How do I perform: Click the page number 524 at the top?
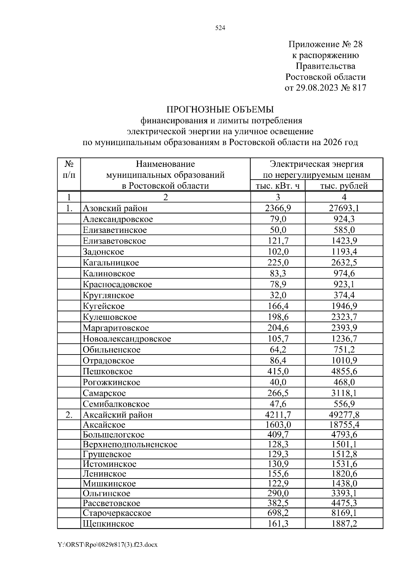[x=220, y=28]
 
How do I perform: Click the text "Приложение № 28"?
[x=325, y=44]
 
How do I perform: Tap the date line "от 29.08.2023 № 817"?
[x=325, y=88]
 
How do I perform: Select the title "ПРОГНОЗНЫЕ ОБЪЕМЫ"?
[x=220, y=110]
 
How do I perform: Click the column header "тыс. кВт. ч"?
[x=278, y=186]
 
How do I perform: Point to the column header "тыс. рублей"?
[x=344, y=186]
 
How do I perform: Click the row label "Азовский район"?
[x=115, y=208]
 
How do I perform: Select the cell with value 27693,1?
[x=344, y=208]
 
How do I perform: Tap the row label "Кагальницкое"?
[x=111, y=262]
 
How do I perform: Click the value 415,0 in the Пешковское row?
[x=278, y=371]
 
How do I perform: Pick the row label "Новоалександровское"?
[x=127, y=339]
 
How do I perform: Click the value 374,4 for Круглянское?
[x=344, y=295]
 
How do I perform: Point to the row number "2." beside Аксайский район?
[x=69, y=415]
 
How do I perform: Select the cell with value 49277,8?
[x=344, y=415]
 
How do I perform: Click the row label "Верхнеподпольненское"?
[x=130, y=444]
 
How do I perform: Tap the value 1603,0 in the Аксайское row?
[x=278, y=425]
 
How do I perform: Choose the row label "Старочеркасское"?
[x=117, y=513]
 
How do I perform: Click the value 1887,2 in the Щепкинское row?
[x=344, y=523]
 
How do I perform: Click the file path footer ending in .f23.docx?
[x=108, y=545]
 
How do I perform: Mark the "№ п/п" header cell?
[x=69, y=169]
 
